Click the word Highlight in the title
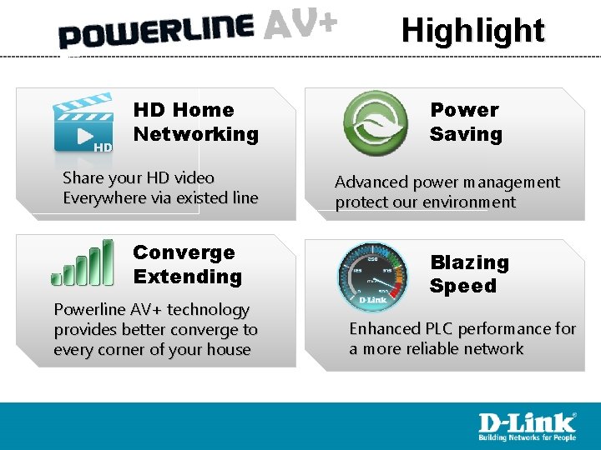pyautogui.click(x=472, y=31)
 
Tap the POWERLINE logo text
pyautogui.click(x=156, y=32)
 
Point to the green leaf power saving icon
pyautogui.click(x=376, y=123)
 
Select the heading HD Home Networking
pyautogui.click(x=195, y=122)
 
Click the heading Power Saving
pyautogui.click(x=466, y=122)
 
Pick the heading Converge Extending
pyautogui.click(x=187, y=264)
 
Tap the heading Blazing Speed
pyautogui.click(x=468, y=274)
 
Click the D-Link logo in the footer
pyautogui.click(x=526, y=422)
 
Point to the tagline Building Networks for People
pyautogui.click(x=526, y=437)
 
